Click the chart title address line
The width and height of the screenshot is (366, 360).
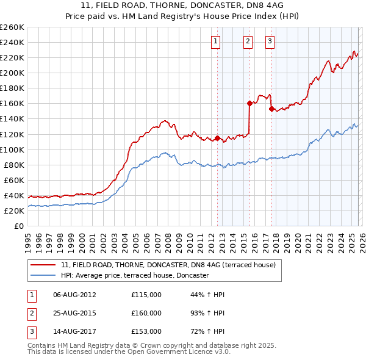(183, 5)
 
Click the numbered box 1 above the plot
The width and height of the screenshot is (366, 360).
(217, 41)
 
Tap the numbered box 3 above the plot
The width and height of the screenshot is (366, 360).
(270, 41)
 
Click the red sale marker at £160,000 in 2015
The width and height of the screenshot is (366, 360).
(249, 103)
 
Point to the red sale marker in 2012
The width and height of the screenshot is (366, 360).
(217, 138)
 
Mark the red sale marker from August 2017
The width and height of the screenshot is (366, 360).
(271, 109)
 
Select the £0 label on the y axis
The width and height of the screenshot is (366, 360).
(18, 226)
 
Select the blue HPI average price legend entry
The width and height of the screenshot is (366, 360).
(134, 276)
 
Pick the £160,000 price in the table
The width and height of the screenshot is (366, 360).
(146, 313)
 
